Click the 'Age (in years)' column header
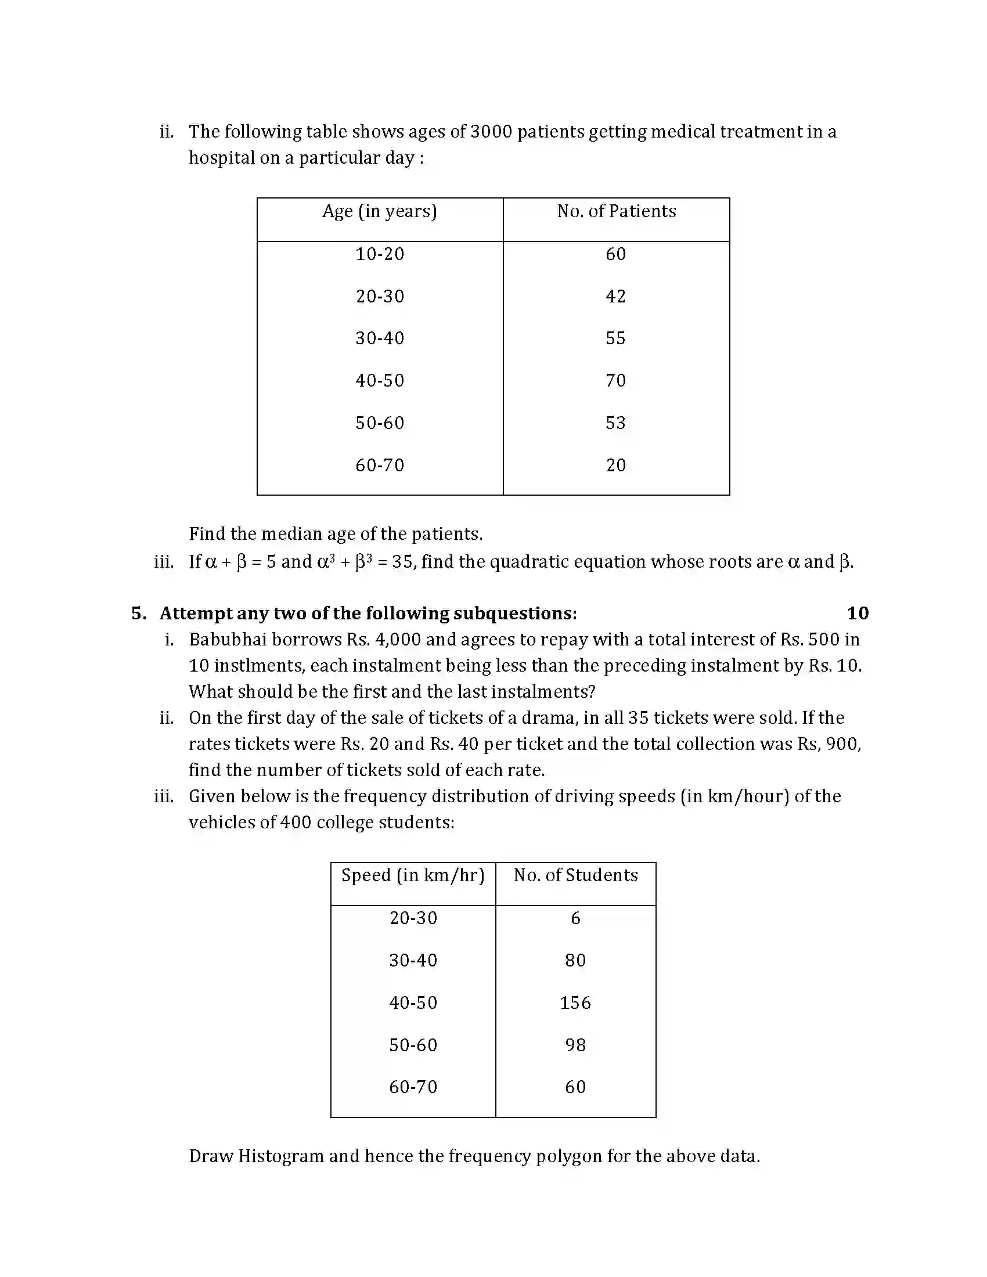[380, 211]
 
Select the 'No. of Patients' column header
[616, 211]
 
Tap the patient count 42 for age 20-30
[615, 297]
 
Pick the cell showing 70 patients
[615, 381]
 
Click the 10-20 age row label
[380, 254]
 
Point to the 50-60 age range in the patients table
[380, 423]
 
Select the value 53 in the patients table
[615, 423]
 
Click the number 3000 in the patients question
[491, 132]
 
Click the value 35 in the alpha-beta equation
[402, 562]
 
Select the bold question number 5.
[138, 613]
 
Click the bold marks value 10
[857, 613]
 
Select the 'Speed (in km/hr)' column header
[413, 875]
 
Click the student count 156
[575, 1003]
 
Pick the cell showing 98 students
[575, 1045]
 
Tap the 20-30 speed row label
[413, 918]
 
